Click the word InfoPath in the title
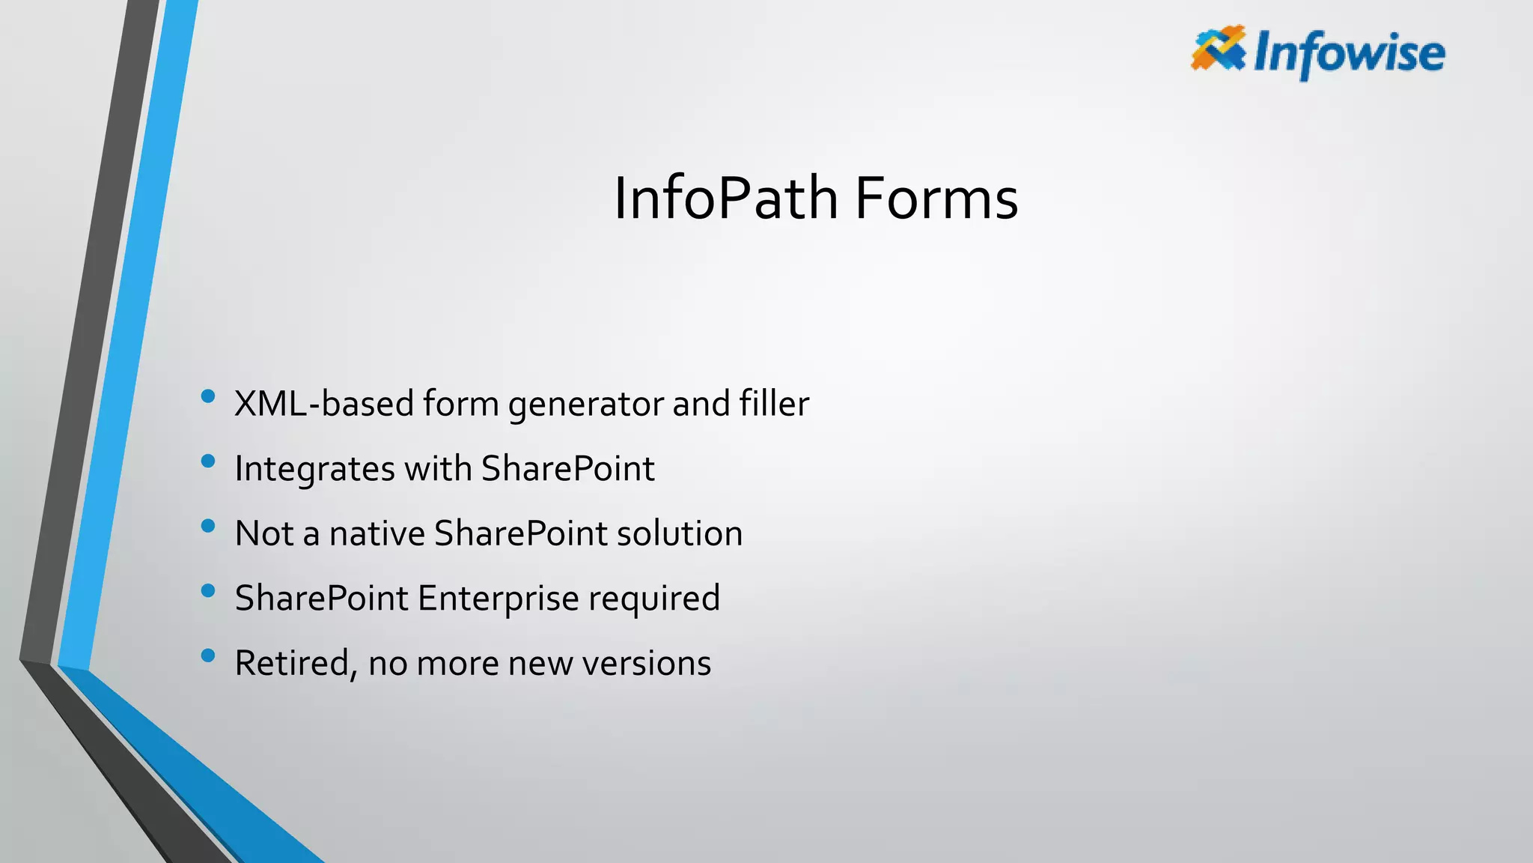coord(725,199)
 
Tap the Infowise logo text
coord(1349,54)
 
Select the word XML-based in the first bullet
coord(324,404)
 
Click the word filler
coord(774,403)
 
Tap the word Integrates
coord(314,470)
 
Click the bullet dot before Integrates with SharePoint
coord(208,461)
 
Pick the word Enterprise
coord(498,599)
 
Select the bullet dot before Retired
coord(208,655)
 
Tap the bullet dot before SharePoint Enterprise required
coord(208,590)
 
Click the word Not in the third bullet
coord(263,533)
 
